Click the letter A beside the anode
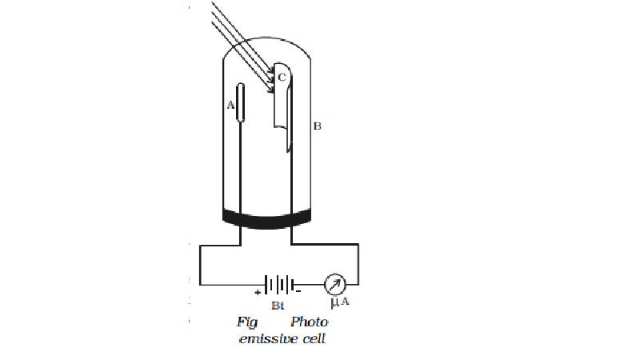point(230,106)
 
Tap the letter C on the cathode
point(282,77)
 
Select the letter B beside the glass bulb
point(317,126)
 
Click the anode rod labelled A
point(241,102)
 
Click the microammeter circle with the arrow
point(335,285)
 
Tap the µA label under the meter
point(339,302)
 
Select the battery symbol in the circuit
point(280,285)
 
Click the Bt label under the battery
point(278,306)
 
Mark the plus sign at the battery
point(258,293)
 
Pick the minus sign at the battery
point(298,291)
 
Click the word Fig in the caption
point(247,322)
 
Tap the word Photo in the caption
point(309,322)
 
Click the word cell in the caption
point(314,338)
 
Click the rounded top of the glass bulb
point(266,38)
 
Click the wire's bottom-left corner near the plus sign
point(200,285)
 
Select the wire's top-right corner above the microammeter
point(358,245)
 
